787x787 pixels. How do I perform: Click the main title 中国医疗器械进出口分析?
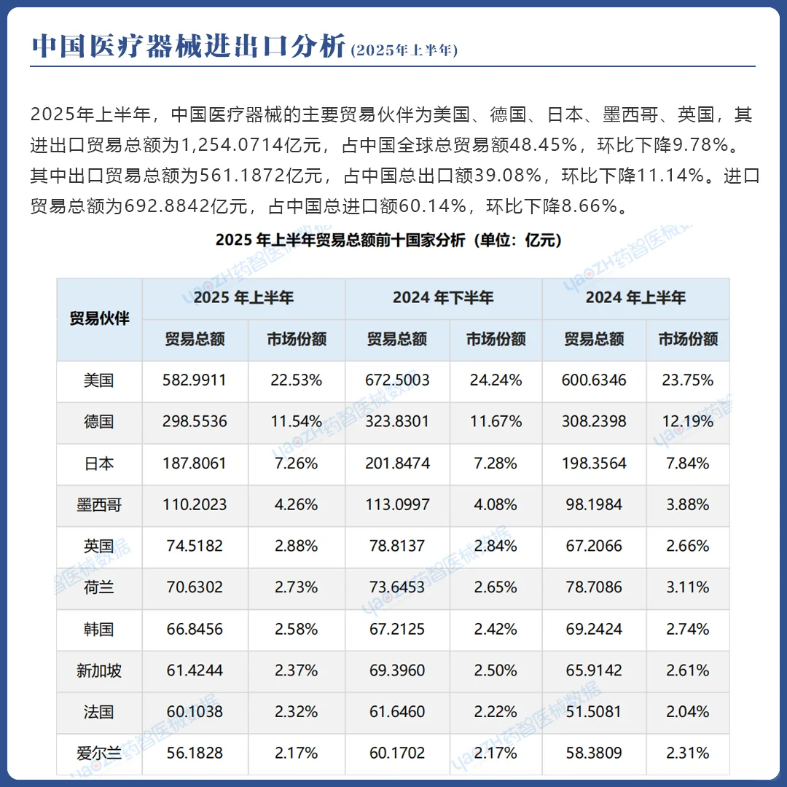click(x=189, y=46)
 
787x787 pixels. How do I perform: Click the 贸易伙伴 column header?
click(x=99, y=318)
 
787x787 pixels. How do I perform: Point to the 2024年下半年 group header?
click(x=443, y=297)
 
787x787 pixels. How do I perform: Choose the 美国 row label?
click(x=99, y=380)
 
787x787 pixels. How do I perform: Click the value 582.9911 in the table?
click(x=195, y=380)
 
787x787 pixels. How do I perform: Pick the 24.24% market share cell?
click(x=496, y=380)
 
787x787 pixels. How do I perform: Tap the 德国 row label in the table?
click(x=99, y=421)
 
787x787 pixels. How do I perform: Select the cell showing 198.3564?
click(x=595, y=463)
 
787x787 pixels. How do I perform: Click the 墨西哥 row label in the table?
click(x=99, y=504)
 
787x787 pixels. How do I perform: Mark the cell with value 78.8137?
click(x=397, y=546)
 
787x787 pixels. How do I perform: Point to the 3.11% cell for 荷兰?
click(x=688, y=587)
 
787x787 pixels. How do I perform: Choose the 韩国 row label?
click(x=99, y=629)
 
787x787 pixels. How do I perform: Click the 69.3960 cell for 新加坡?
click(x=397, y=670)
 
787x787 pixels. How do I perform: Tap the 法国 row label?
click(x=99, y=712)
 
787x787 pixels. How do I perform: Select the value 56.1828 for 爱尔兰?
click(x=195, y=753)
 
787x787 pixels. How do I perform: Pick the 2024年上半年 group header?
click(x=635, y=297)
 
